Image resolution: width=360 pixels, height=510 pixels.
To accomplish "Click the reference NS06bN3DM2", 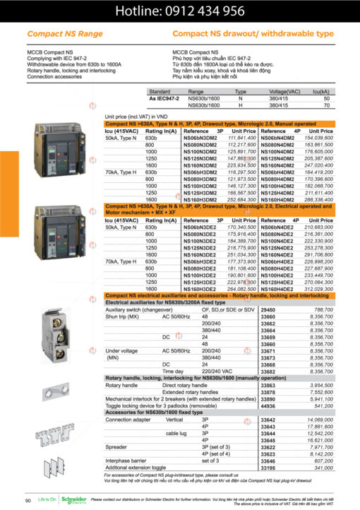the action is tap(203, 138).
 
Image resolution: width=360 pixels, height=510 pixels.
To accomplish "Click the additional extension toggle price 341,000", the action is tap(323, 467).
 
